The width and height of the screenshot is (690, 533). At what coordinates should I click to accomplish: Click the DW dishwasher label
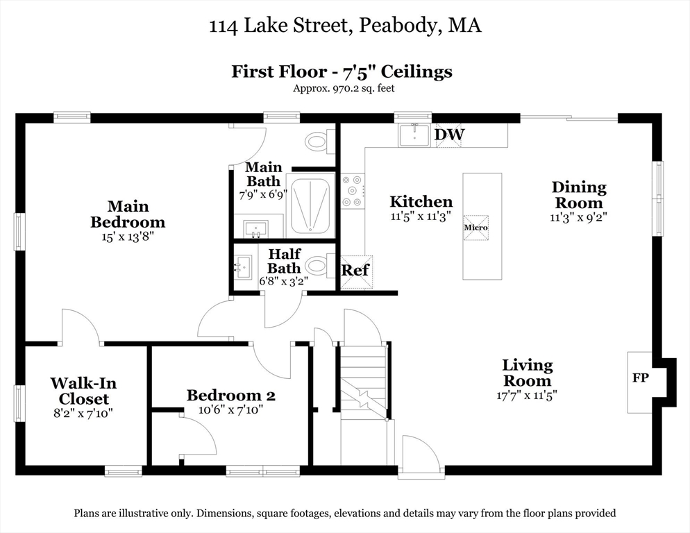click(449, 134)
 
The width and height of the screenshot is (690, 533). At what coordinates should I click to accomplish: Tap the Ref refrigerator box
click(356, 270)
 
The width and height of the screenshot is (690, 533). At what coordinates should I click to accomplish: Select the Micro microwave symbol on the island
click(476, 227)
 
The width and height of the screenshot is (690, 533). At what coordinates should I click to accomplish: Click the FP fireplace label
click(639, 378)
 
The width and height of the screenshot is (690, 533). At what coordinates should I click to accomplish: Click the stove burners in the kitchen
click(353, 190)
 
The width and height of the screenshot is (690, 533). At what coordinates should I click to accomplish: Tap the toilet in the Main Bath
click(318, 142)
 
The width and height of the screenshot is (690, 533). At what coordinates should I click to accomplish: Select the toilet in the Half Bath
click(319, 266)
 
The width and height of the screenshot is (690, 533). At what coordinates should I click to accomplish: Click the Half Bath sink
click(244, 266)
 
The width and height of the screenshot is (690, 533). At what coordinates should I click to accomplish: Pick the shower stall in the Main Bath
click(311, 206)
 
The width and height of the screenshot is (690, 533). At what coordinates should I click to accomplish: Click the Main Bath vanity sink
click(255, 227)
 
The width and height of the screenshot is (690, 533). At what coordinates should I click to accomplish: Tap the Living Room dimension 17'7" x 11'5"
click(527, 395)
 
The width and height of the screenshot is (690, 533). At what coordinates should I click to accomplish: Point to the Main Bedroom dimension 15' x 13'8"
click(128, 237)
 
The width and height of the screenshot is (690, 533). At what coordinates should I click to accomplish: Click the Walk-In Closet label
click(83, 391)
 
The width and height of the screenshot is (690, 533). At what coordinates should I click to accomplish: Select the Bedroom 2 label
click(230, 396)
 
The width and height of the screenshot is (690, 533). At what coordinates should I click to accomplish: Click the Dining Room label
click(578, 195)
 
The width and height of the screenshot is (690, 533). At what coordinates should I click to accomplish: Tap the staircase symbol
click(363, 382)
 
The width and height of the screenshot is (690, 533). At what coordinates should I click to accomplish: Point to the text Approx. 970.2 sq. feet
click(344, 88)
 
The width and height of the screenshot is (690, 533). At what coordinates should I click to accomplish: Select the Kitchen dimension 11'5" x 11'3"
click(421, 216)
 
